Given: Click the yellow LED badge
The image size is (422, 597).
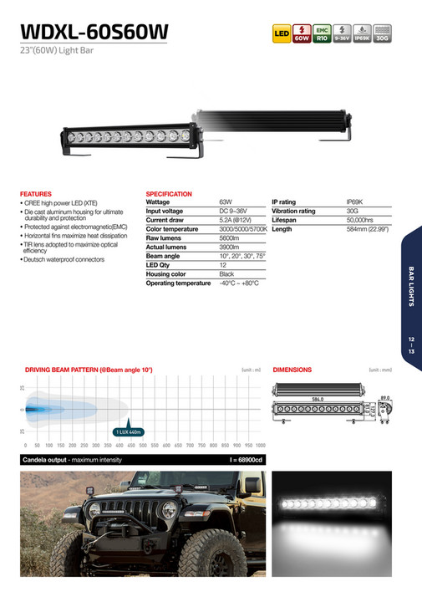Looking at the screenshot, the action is (x=281, y=34).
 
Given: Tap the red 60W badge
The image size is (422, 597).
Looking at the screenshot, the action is (x=301, y=34).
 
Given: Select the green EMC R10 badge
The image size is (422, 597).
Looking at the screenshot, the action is (x=321, y=34).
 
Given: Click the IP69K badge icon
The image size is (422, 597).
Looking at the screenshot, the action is (x=361, y=34).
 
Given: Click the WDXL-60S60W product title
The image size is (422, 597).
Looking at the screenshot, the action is (x=94, y=32).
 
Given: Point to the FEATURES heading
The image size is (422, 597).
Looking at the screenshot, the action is (x=36, y=194).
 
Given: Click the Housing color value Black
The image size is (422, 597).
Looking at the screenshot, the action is (x=226, y=274).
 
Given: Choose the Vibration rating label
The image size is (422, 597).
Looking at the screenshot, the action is (x=293, y=211).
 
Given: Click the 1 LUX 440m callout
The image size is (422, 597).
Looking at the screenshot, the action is (x=129, y=431).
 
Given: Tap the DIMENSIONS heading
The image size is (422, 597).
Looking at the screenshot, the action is (x=292, y=369).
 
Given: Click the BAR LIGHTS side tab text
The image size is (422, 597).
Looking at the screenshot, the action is (x=412, y=286).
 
